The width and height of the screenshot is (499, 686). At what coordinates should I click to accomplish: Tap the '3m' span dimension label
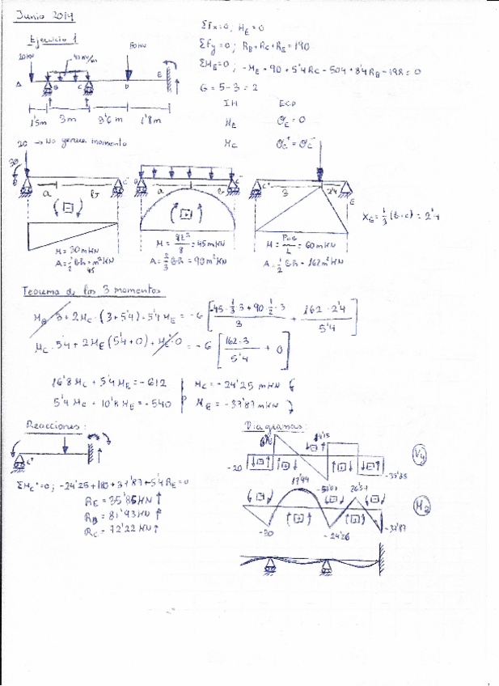pos(67,120)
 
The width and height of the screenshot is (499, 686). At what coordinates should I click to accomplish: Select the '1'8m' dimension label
pos(150,121)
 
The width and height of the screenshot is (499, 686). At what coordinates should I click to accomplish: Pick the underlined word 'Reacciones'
pos(50,424)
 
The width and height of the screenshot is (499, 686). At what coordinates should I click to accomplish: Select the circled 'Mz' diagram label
pos(421,507)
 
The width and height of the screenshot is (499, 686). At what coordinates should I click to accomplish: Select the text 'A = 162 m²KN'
pos(305,262)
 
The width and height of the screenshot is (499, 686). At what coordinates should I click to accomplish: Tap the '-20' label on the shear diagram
pos(235,468)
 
